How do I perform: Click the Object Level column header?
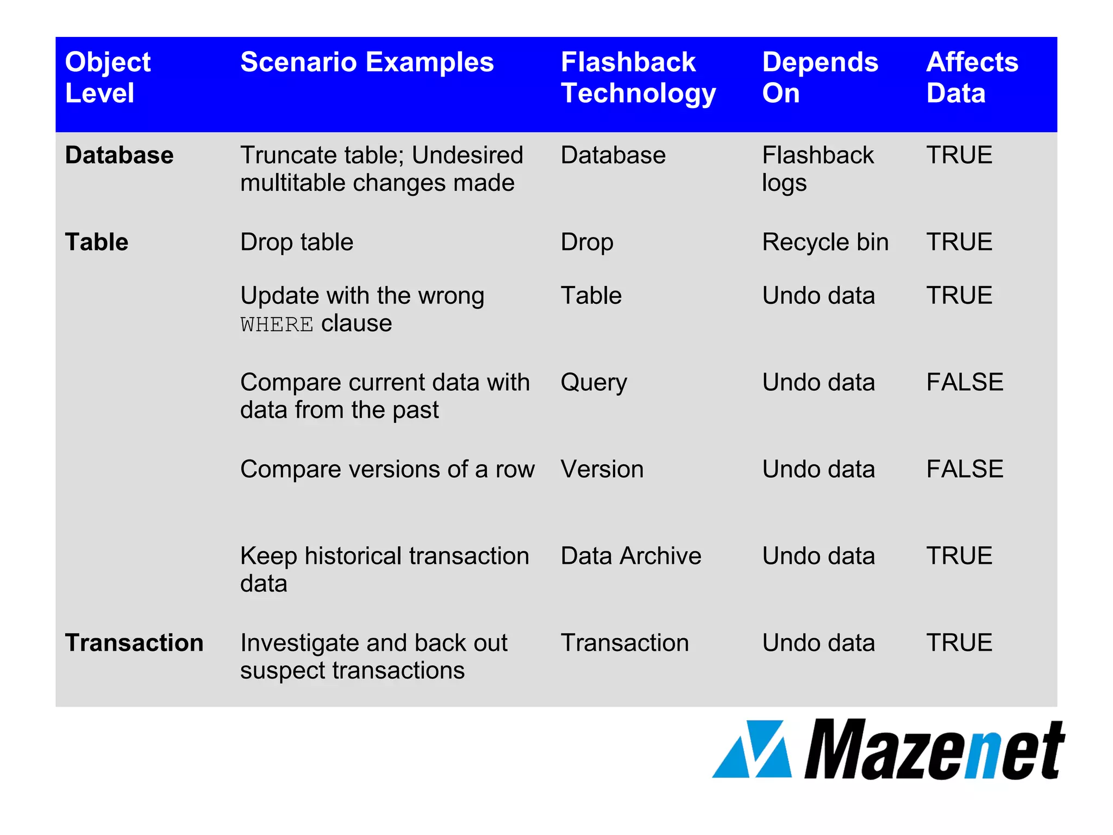[108, 77]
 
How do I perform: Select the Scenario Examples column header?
[367, 62]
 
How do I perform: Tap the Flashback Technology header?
[638, 77]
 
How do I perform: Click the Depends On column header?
[820, 77]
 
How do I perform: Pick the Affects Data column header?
[972, 77]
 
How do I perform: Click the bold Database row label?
[119, 155]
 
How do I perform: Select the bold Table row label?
[97, 242]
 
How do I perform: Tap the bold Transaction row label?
[134, 643]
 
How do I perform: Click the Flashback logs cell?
[817, 169]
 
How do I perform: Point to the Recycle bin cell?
[825, 242]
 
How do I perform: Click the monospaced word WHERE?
[277, 325]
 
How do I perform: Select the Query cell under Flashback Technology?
[593, 382]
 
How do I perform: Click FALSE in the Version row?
[964, 469]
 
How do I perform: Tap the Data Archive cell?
[630, 556]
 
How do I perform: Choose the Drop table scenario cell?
[297, 242]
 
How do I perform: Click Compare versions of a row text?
[387, 469]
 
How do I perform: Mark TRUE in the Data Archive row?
[959, 556]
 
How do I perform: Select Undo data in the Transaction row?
[818, 643]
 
